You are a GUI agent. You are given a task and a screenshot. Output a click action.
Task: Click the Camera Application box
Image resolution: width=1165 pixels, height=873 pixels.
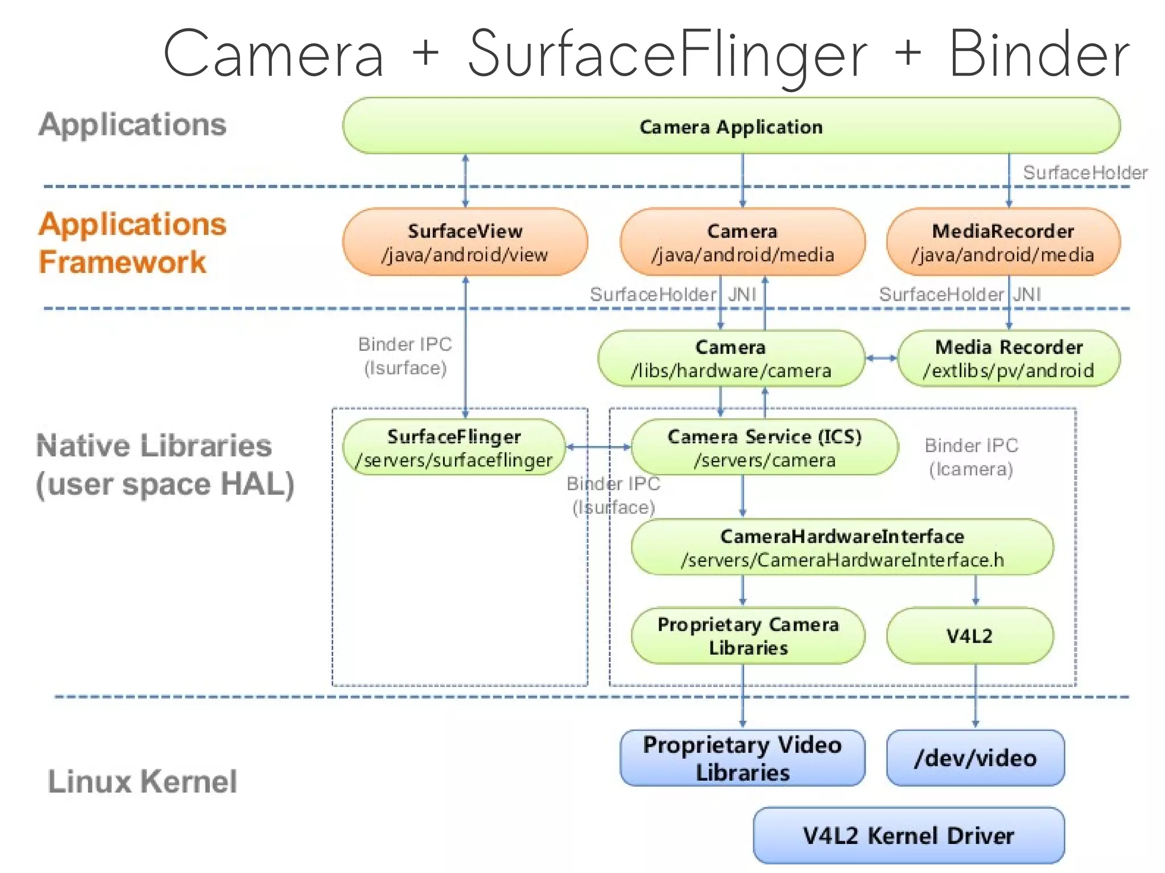click(731, 126)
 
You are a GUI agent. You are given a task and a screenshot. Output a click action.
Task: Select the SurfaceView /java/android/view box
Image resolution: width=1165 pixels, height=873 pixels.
click(465, 242)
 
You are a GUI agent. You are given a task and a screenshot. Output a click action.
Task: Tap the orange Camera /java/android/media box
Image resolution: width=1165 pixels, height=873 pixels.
click(742, 242)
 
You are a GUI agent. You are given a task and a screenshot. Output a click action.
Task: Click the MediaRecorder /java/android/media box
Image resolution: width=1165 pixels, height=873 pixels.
click(1003, 242)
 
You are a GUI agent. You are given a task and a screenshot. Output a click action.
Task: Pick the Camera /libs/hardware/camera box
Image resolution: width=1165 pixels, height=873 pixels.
click(731, 358)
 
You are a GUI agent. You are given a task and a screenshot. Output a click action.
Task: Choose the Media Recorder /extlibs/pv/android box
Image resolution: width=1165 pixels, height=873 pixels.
click(1009, 358)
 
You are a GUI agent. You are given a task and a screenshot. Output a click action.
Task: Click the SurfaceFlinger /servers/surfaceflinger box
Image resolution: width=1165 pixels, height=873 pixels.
click(453, 448)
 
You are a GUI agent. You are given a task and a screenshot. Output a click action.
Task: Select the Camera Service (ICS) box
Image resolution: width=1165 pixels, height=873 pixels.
click(765, 448)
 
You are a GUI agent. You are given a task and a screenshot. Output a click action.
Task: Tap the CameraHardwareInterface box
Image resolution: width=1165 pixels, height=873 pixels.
click(842, 547)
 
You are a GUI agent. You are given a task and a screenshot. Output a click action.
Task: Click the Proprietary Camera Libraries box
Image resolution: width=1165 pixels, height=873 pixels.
click(748, 636)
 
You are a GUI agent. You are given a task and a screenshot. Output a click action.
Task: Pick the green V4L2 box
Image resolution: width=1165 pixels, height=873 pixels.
click(969, 636)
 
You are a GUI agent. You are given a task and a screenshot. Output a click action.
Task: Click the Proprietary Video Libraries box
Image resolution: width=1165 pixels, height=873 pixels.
click(742, 758)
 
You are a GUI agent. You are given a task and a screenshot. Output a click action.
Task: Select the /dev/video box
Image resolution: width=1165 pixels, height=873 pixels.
click(975, 758)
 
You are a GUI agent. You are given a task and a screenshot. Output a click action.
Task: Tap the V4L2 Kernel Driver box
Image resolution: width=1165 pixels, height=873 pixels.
click(908, 835)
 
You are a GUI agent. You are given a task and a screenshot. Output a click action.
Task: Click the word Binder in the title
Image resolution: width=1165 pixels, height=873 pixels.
click(1039, 54)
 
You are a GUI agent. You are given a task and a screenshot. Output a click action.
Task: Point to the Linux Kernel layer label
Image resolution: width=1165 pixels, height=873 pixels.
click(142, 781)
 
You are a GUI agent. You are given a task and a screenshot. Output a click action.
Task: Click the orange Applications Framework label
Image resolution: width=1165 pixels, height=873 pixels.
click(132, 243)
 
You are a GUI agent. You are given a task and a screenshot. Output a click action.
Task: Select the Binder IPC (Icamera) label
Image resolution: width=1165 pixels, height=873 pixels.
click(971, 457)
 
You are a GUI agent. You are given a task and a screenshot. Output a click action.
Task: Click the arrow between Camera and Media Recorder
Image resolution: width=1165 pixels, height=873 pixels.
click(881, 358)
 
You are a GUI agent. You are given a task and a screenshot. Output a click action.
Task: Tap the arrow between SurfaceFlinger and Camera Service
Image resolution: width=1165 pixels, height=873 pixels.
click(598, 447)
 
